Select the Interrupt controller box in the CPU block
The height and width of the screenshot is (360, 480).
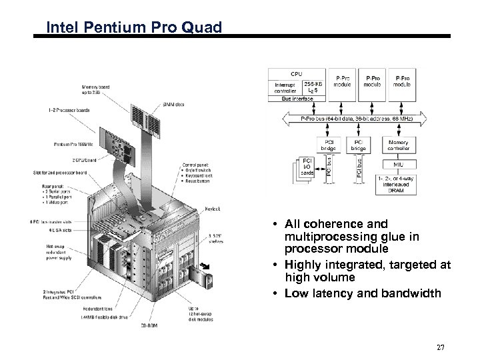click(286, 89)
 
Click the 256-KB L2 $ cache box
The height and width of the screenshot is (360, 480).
click(313, 89)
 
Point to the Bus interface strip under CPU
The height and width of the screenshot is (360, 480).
click(296, 99)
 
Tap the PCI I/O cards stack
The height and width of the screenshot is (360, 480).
click(306, 167)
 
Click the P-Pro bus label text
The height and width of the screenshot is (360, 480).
click(357, 119)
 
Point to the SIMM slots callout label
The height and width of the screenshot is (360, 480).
click(174, 105)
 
